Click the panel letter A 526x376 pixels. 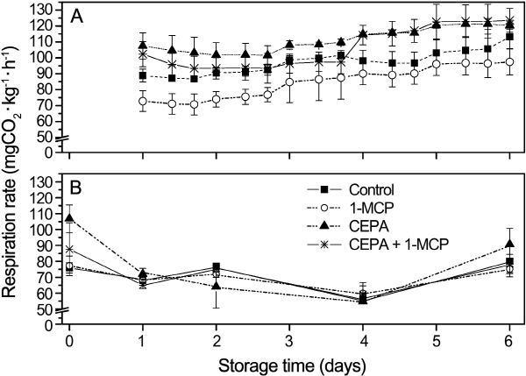click(x=78, y=17)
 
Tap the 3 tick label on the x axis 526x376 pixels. click(x=288, y=339)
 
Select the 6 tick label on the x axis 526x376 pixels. click(x=509, y=339)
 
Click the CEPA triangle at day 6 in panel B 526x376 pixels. click(x=509, y=244)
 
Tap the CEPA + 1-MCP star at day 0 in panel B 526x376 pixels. click(x=68, y=249)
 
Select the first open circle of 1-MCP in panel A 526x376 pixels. click(x=144, y=102)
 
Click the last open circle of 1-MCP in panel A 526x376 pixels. click(x=509, y=62)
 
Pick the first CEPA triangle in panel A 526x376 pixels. click(x=144, y=45)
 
